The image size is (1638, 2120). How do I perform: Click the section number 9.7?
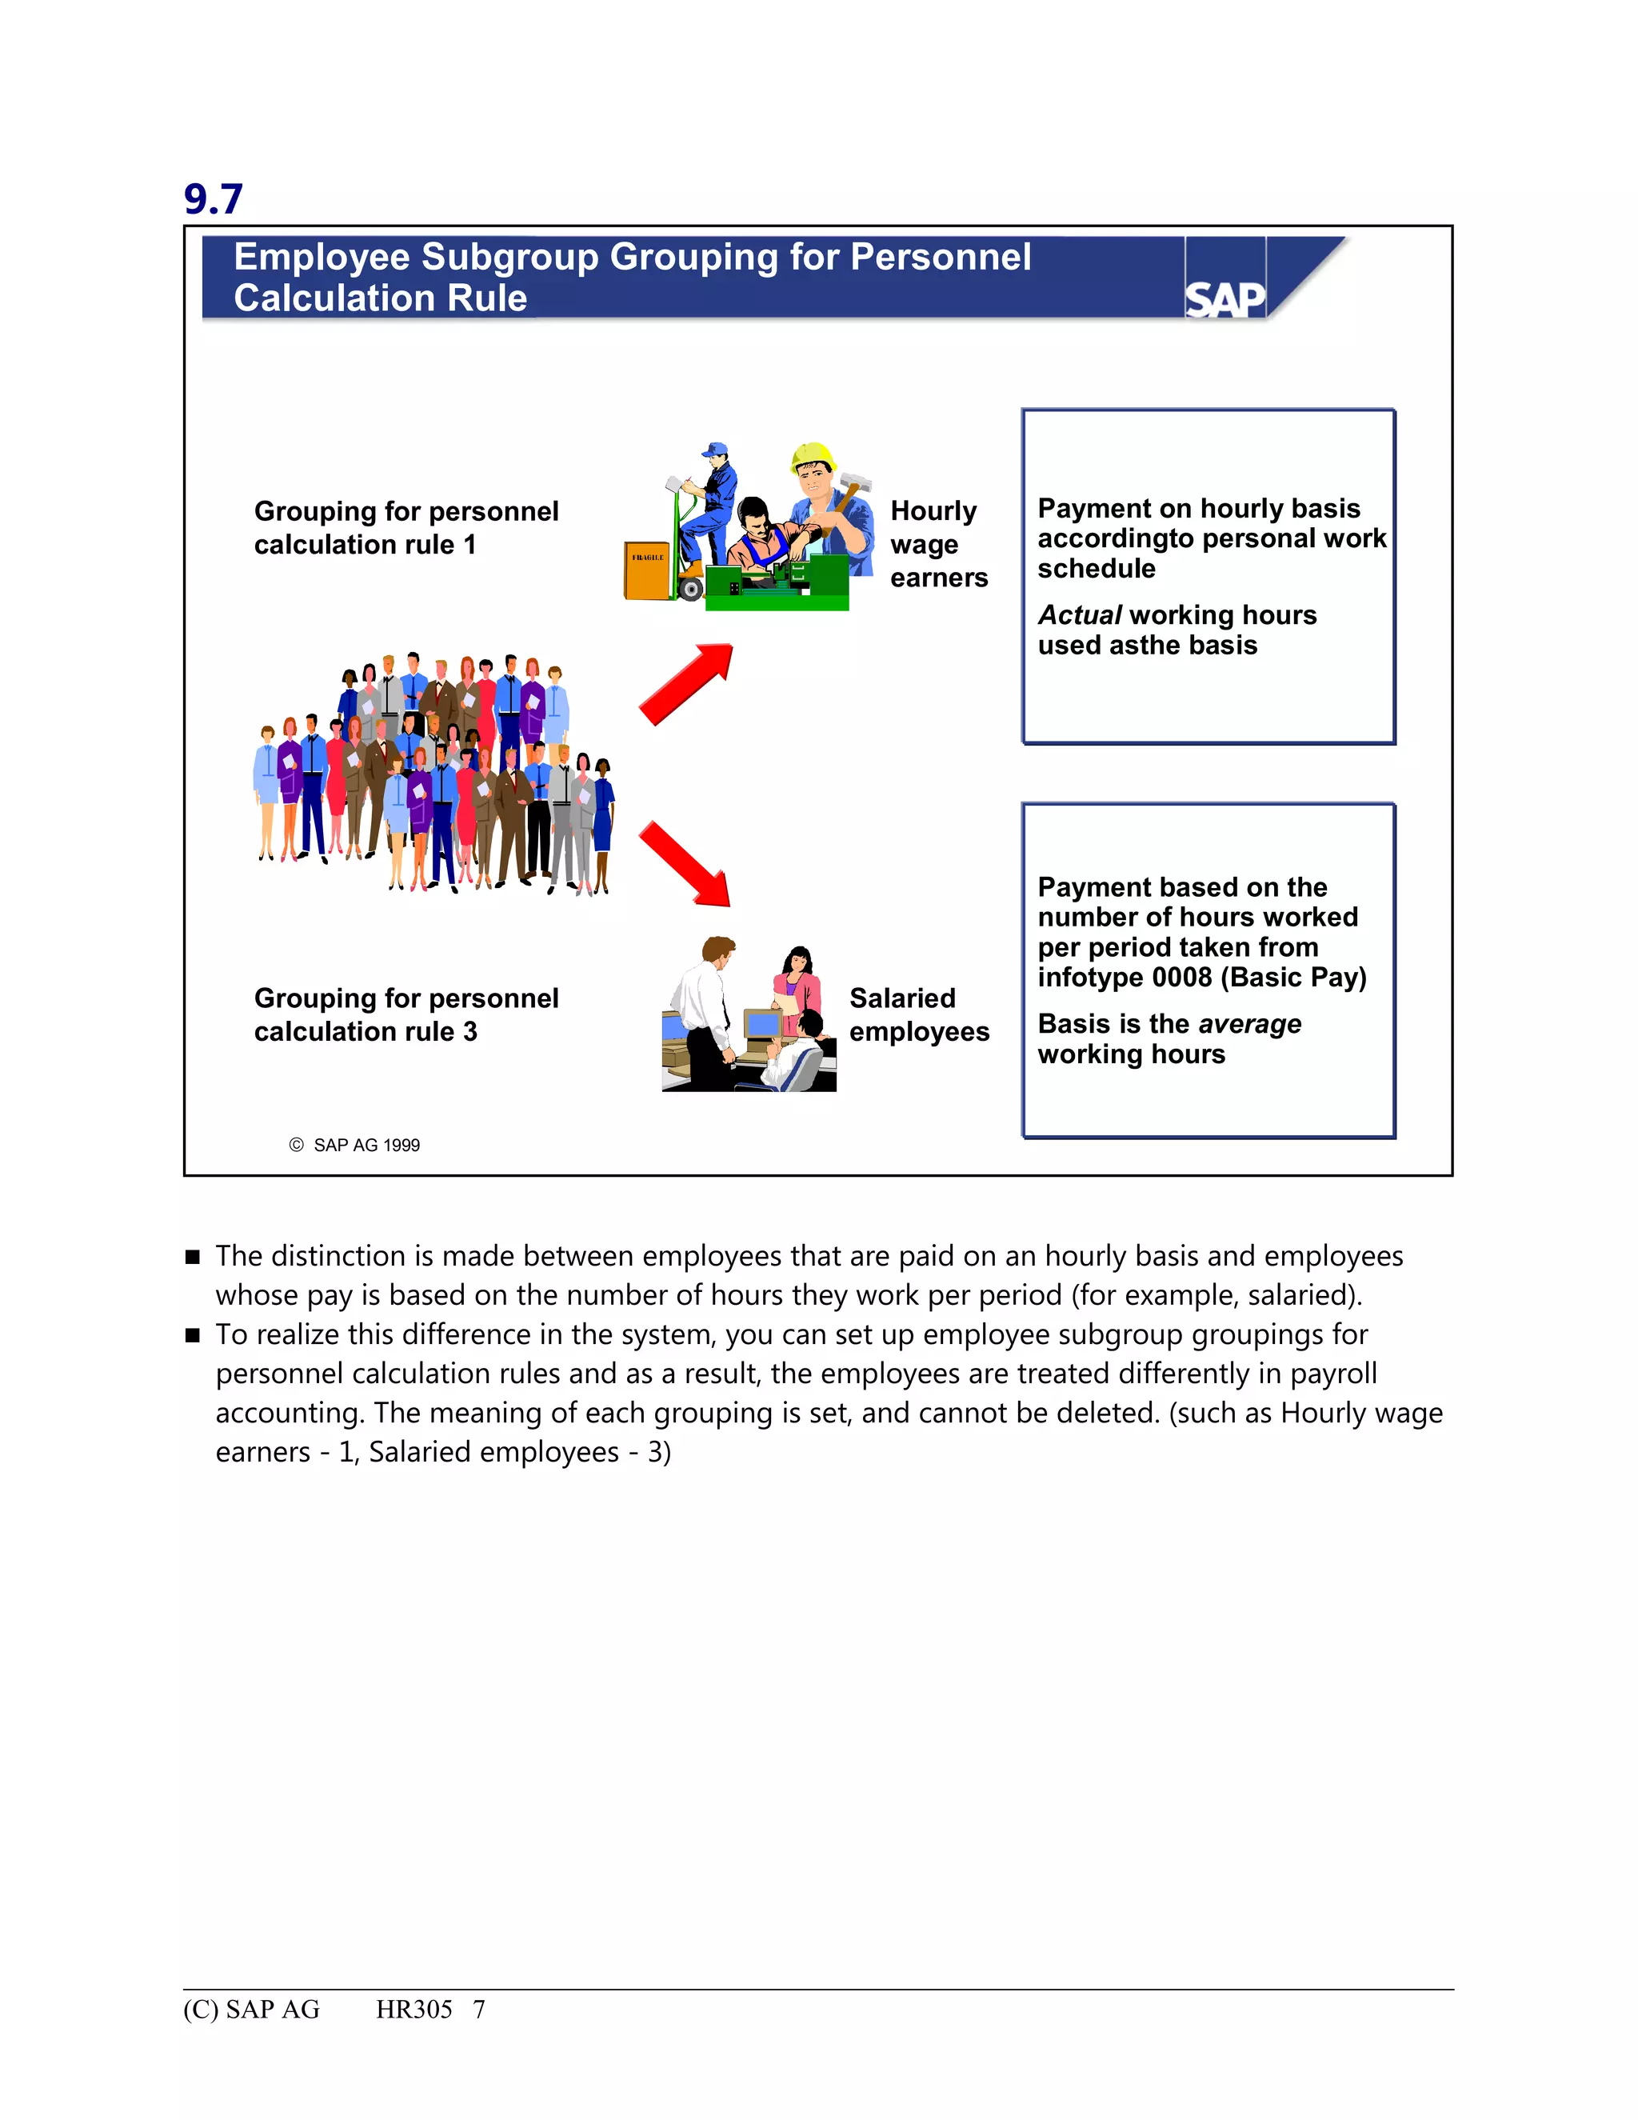pos(213,199)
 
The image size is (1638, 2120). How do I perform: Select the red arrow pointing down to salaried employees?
pos(686,863)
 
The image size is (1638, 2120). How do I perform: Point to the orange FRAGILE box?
pos(647,570)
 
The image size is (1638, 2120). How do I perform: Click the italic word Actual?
pos(1079,615)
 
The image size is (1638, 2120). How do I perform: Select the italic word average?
pos(1250,1024)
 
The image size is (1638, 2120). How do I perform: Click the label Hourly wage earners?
pos(937,543)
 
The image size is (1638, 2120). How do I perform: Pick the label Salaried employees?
pos(918,1014)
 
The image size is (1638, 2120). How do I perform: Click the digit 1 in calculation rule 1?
pos(469,546)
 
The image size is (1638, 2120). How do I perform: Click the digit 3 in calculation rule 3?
pos(469,1032)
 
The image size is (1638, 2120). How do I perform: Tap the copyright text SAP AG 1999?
pos(366,1146)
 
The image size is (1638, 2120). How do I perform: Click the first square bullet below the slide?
pos(192,1257)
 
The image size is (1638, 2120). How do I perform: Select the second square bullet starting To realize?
pos(192,1336)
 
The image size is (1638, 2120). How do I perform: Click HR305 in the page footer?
pos(413,2010)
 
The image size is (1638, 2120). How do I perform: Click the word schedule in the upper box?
pos(1096,569)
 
